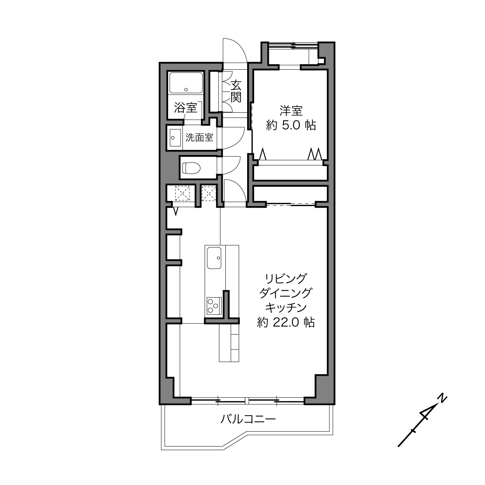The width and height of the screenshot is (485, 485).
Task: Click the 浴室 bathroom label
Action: tap(186, 108)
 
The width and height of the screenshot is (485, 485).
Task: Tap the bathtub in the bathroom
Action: tap(186, 83)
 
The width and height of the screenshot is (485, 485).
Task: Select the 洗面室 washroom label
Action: tap(200, 138)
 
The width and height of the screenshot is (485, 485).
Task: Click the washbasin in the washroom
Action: tap(175, 138)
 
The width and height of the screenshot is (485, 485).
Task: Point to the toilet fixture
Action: tap(191, 168)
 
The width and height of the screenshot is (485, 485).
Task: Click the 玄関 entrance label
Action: tap(236, 91)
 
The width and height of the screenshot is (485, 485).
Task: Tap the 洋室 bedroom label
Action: tap(291, 111)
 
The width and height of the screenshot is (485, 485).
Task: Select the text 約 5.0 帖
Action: tap(291, 125)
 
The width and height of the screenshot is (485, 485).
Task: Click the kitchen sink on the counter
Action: tap(214, 258)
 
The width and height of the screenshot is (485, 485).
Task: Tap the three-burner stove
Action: tap(214, 306)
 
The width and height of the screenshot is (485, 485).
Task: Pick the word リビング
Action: tap(286, 279)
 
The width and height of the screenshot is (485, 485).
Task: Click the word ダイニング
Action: tap(286, 293)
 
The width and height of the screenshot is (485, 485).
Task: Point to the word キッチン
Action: tap(286, 308)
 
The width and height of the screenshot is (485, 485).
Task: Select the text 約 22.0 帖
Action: tap(286, 322)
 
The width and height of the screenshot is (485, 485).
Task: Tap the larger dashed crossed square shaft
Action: tap(182, 193)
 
